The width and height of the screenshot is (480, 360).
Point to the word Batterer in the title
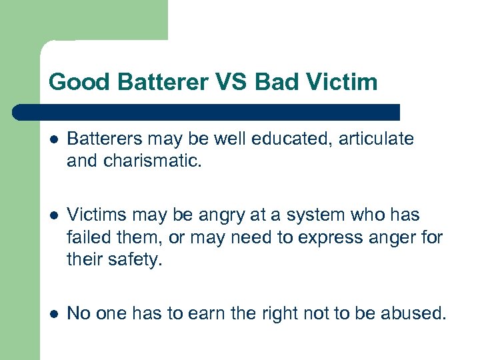(159, 82)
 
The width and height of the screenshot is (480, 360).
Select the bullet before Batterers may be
(53, 139)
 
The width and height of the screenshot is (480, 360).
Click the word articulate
(378, 139)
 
